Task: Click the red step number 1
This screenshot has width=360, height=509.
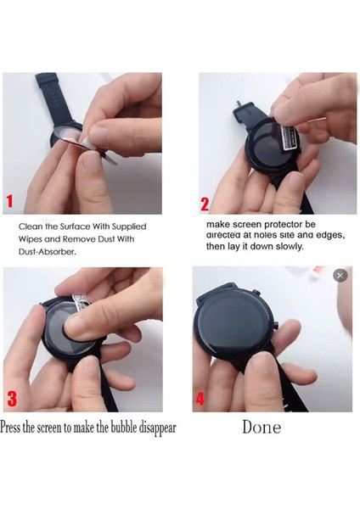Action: pos(10,201)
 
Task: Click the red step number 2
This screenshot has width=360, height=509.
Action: pos(205,204)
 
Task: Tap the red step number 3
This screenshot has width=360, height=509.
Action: pos(11,398)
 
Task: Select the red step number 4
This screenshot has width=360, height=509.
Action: pos(200,398)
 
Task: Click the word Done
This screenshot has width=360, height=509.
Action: pos(261,427)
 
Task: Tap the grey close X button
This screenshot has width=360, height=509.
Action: pos(340,275)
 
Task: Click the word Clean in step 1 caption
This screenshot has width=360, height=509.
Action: pos(31,227)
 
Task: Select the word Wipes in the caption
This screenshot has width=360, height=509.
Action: pos(33,239)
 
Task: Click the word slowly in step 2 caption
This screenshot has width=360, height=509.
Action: pos(286,247)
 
